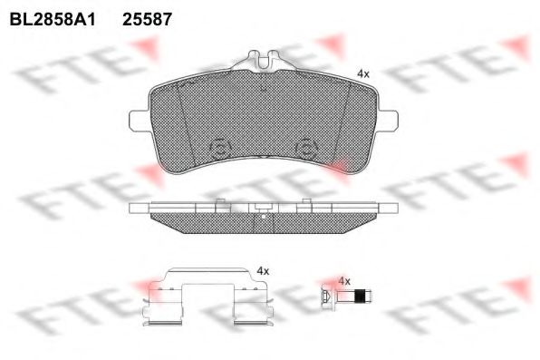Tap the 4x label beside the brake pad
[x=362, y=73]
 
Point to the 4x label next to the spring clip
[x=264, y=270]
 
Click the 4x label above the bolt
[x=343, y=281]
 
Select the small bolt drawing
[x=345, y=296]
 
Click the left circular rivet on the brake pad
[x=219, y=150]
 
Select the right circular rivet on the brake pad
[x=306, y=150]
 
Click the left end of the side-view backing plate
[x=138, y=208]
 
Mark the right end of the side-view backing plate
[x=391, y=208]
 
